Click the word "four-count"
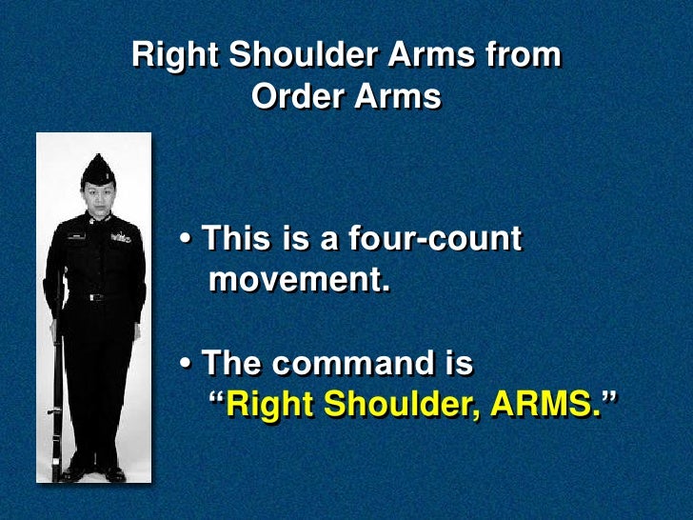tap(447, 239)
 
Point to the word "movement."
tap(299, 280)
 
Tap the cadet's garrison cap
tap(98, 170)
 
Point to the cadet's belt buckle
tap(95, 297)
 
